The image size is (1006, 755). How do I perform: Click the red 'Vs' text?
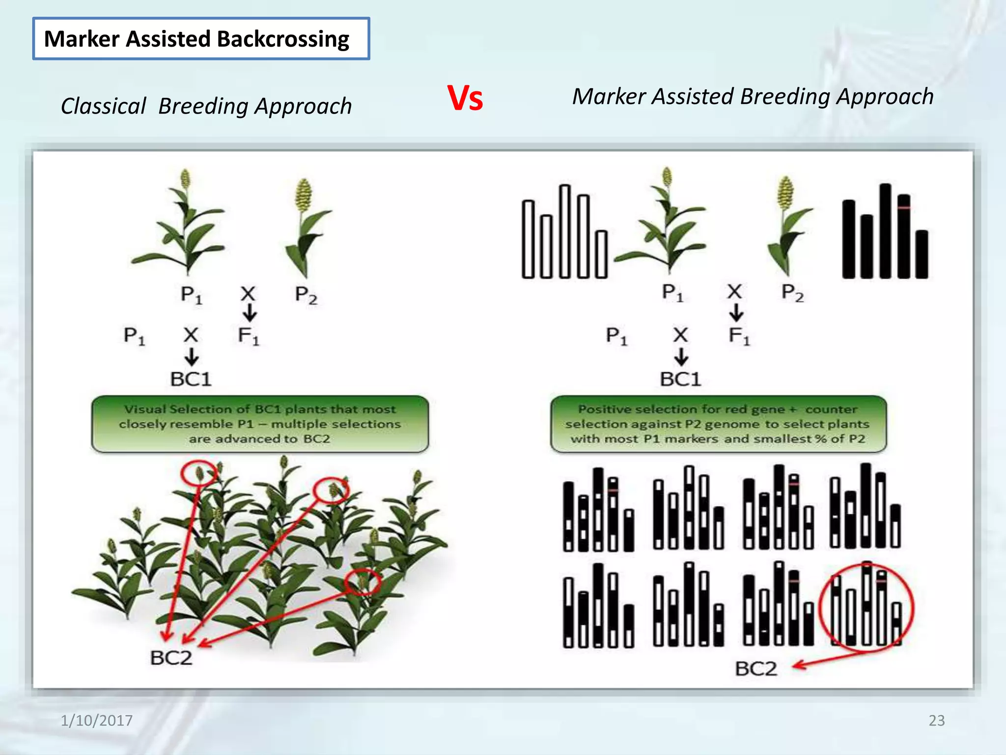click(465, 98)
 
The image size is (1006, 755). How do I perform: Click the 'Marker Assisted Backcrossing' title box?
click(201, 39)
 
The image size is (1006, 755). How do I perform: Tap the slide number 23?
click(936, 720)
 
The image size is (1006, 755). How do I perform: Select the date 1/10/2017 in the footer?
click(96, 721)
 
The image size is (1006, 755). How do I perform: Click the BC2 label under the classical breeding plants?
click(171, 658)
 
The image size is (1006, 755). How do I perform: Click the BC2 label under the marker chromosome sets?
click(756, 669)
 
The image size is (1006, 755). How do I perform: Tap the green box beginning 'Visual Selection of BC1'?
click(260, 424)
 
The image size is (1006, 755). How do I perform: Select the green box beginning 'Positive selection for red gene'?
click(718, 424)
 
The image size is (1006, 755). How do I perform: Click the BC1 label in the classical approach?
click(191, 379)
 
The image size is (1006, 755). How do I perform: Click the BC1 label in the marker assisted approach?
click(680, 379)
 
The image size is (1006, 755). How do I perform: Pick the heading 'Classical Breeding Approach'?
click(206, 106)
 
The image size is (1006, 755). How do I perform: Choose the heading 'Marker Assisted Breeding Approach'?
click(753, 96)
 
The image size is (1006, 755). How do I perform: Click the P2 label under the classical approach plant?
click(306, 295)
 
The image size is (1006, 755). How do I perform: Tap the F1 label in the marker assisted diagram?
click(739, 336)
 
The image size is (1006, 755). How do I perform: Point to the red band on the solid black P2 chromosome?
click(904, 208)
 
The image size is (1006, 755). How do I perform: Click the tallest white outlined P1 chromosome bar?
click(565, 231)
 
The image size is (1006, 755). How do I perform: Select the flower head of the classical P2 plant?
click(304, 194)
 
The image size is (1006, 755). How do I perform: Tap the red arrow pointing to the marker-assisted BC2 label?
click(830, 658)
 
